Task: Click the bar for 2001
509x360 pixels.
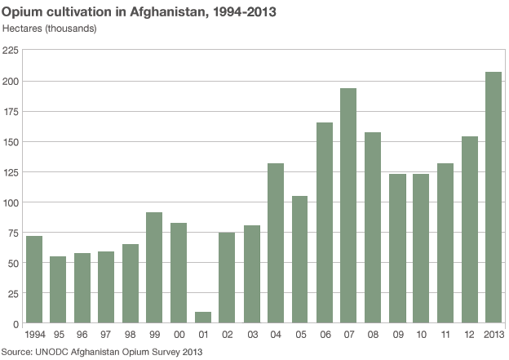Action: point(202,318)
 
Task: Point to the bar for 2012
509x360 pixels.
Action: point(469,229)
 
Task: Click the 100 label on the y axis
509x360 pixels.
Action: point(11,202)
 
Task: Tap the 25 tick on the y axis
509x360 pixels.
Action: point(13,293)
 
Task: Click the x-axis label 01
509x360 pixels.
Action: point(202,335)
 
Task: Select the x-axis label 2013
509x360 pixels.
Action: point(493,335)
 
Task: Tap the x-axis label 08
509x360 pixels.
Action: point(372,335)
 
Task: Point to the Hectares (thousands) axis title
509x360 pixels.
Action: point(50,29)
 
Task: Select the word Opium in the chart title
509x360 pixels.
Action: point(20,11)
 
